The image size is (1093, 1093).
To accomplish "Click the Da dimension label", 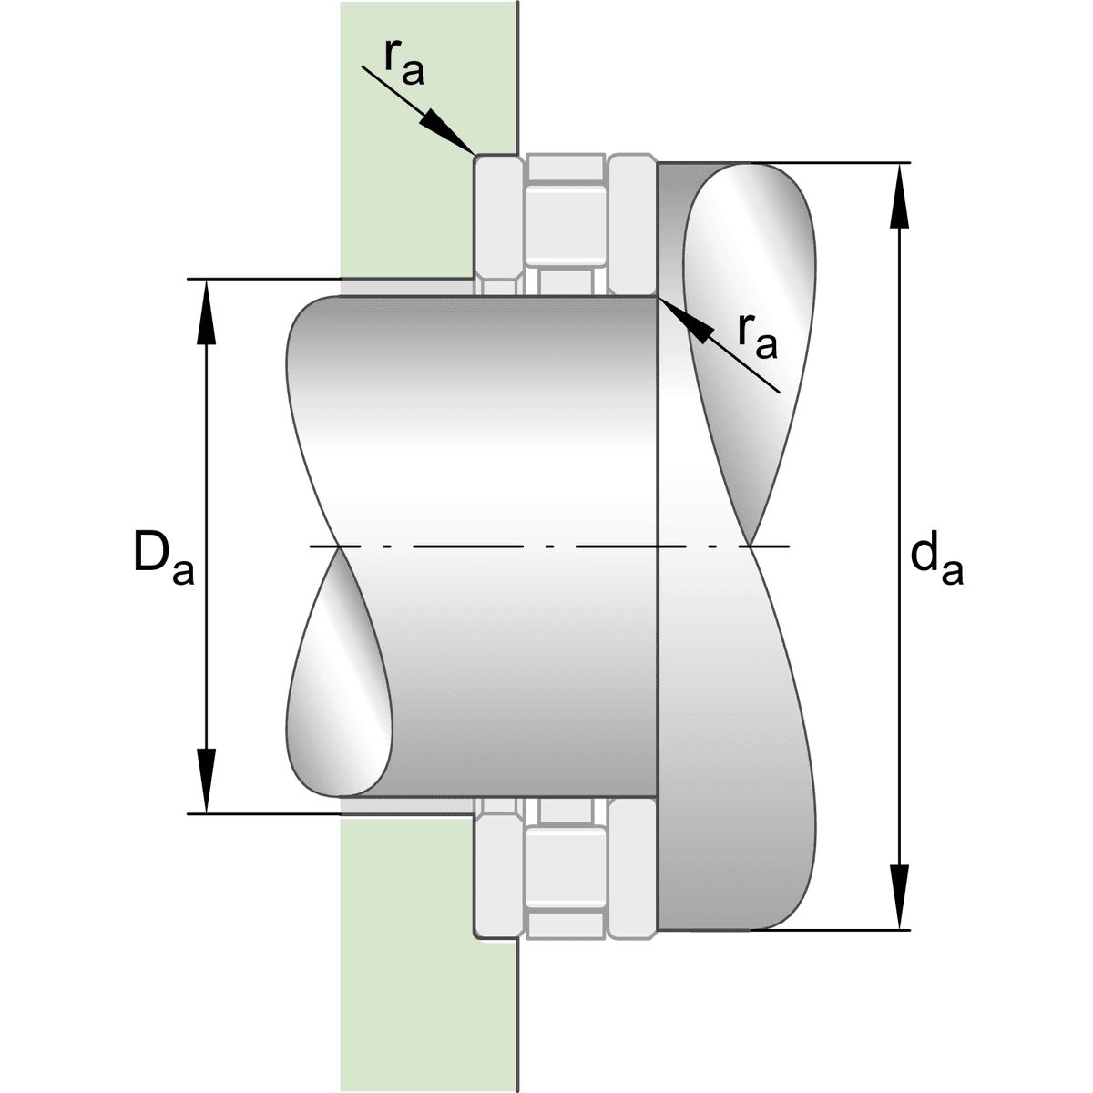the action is coord(164,557).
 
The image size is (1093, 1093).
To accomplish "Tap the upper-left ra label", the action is coord(403,64).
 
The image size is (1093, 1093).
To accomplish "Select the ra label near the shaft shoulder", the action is coord(757,338).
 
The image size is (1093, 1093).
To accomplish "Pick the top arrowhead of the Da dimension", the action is coord(207,312).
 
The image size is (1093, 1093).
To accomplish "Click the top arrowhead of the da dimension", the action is coord(899,196).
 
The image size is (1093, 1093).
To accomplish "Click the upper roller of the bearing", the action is coord(565,224).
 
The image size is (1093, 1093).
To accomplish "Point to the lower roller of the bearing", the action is coord(565,868).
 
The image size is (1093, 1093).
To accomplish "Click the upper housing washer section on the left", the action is coord(499,225).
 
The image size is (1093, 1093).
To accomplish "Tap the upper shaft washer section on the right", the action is coord(632,225).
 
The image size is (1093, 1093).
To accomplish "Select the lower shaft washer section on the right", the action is coord(632,868).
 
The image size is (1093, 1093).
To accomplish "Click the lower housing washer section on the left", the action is coord(499,868).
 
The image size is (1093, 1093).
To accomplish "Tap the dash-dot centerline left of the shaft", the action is coord(324,546).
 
